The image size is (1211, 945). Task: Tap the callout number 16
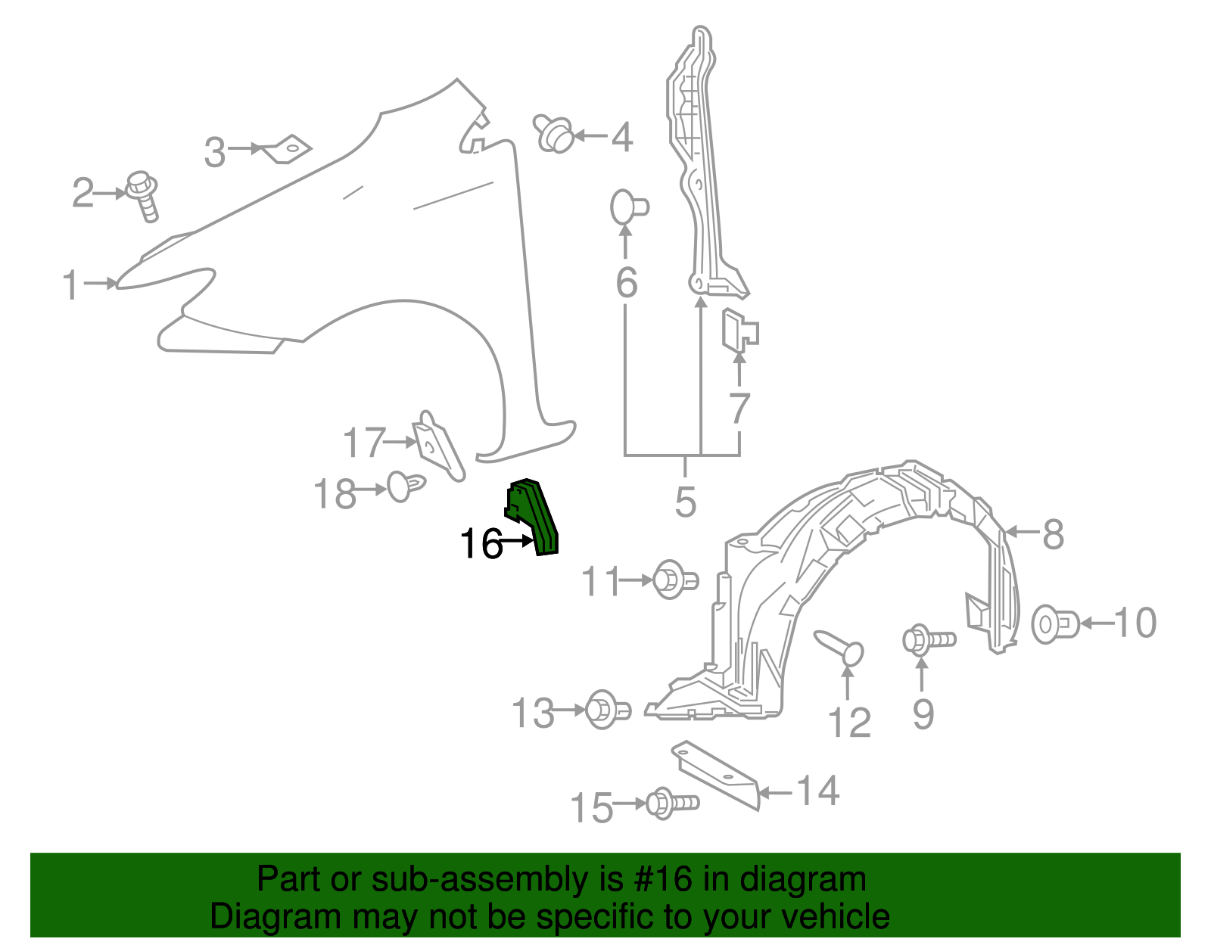(x=481, y=543)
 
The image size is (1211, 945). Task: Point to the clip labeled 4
(x=553, y=134)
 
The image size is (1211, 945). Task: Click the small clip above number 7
(x=739, y=331)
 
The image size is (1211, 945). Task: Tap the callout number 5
(x=685, y=502)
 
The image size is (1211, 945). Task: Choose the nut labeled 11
(x=673, y=580)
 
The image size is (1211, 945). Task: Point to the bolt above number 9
(x=928, y=640)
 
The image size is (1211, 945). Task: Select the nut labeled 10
(x=1054, y=624)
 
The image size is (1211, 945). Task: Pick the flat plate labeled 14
(x=715, y=773)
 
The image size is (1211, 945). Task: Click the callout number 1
(x=70, y=285)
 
